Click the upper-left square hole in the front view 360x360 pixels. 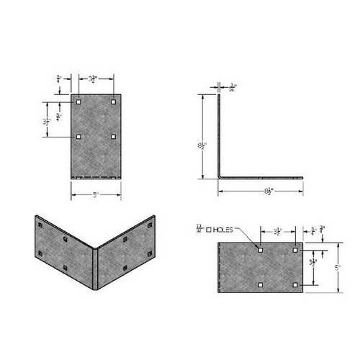pyautogui.click(x=78, y=102)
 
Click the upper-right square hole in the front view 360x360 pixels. pyautogui.click(x=114, y=102)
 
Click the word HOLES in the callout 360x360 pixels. pyautogui.click(x=224, y=231)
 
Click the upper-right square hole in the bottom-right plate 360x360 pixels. pyautogui.click(x=295, y=251)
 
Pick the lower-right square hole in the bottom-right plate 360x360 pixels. pyautogui.click(x=295, y=286)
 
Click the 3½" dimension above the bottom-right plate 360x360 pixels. pyautogui.click(x=277, y=231)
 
